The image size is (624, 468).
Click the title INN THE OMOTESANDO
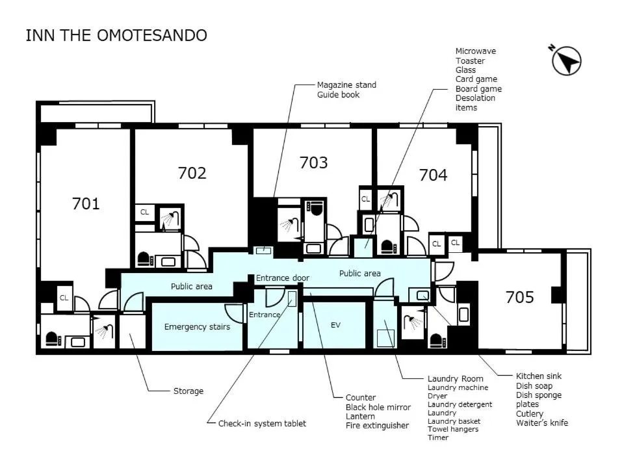pos(116,35)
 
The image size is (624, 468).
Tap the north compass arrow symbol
pos(566,60)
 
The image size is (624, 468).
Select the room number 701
pos(86,204)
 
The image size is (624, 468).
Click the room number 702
pos(192,173)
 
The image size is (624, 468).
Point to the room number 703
pos(313,162)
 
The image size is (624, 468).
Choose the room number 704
pos(433,175)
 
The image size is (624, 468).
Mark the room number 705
pos(519,298)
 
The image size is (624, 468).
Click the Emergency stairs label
pos(197,326)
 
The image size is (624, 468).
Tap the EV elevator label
pos(335,325)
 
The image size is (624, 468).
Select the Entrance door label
pos(282,278)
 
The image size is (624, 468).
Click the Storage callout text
pos(188,391)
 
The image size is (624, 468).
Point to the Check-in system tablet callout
pos(262,423)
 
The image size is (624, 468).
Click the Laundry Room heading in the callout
pos(455,378)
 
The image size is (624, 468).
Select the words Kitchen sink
pos(538,376)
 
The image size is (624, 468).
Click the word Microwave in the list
pos(475,51)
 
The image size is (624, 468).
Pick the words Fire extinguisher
pos(377,426)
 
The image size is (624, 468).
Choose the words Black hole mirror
pos(378,407)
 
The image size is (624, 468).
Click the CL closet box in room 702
pos(144,212)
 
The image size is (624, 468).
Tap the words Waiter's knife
pos(541,423)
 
